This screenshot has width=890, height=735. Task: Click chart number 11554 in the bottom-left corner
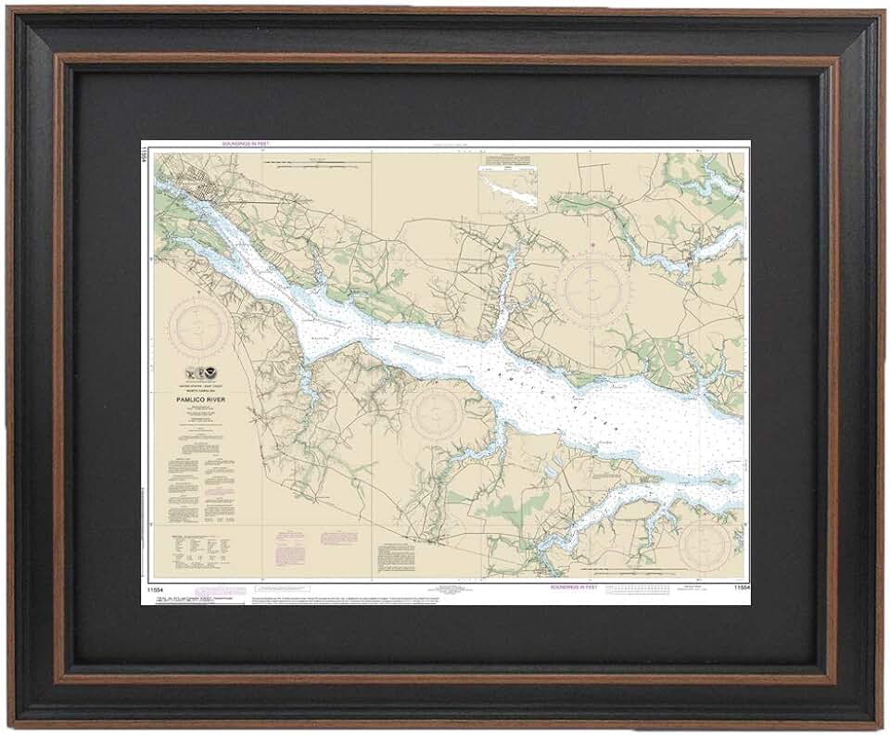(154, 587)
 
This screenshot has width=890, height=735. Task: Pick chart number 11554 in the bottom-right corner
(739, 587)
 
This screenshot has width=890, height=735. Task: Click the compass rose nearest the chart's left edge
(199, 326)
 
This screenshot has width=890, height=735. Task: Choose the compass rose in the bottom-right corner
(706, 546)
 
